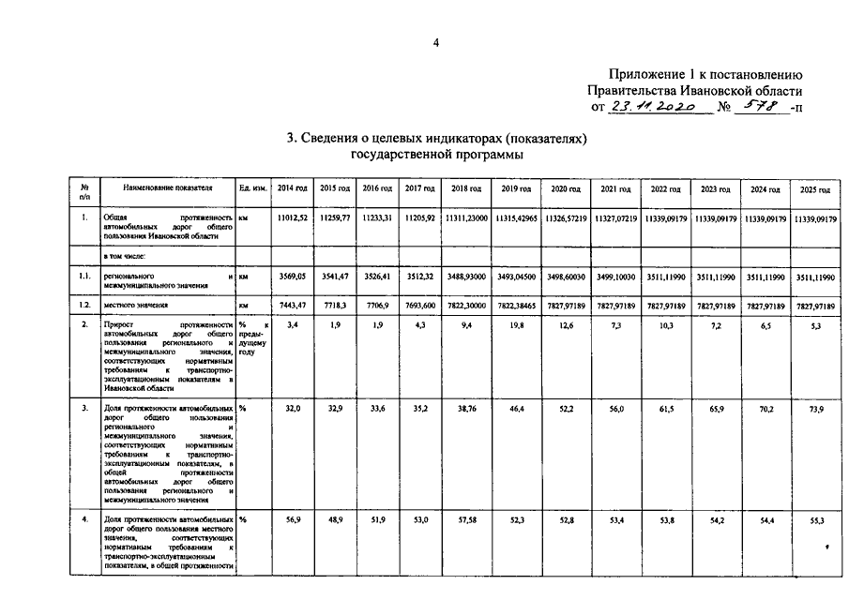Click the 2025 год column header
tap(815, 189)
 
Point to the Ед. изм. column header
tap(253, 188)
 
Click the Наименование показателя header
tap(168, 188)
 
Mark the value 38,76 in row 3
tap(465, 410)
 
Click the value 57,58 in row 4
tap(465, 519)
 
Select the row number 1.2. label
tap(85, 306)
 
